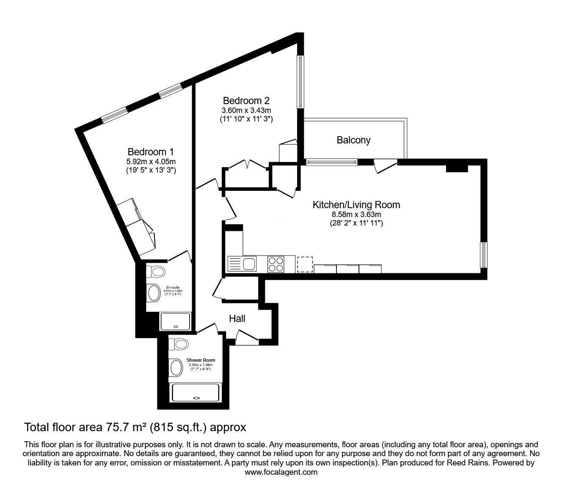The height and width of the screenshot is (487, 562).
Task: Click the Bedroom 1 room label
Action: tap(151, 151)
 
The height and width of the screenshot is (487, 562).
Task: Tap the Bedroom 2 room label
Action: tap(246, 101)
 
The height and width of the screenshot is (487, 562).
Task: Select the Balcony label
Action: tap(353, 140)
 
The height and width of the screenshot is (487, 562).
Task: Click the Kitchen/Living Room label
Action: tap(356, 205)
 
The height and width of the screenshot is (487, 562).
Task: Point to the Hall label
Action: tap(237, 319)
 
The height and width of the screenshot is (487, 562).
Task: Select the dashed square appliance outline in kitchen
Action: tap(305, 264)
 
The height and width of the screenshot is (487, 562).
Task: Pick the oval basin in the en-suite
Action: tap(153, 292)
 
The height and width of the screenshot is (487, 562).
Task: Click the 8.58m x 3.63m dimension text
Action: tap(356, 215)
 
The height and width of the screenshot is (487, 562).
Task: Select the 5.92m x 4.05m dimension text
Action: tap(151, 161)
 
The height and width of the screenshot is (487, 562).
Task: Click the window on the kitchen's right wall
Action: tap(483, 255)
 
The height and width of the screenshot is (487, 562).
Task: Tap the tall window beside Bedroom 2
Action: tap(300, 82)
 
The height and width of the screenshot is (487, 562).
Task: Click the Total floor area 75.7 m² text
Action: tap(135, 427)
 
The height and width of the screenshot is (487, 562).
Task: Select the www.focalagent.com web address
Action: tap(281, 472)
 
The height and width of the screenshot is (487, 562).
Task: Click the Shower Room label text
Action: tap(201, 360)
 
